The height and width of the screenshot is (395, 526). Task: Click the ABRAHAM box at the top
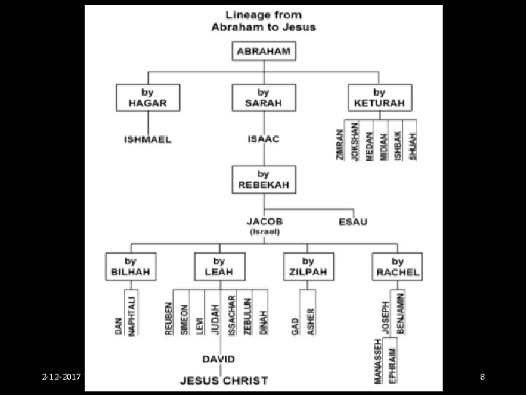(x=263, y=51)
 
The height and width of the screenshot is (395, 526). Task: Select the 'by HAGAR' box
(x=147, y=97)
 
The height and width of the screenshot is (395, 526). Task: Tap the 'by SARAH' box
(x=263, y=97)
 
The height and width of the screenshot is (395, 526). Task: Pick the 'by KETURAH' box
(x=379, y=97)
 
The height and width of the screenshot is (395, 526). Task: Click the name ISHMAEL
(x=147, y=140)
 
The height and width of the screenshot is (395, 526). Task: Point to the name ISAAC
(x=263, y=140)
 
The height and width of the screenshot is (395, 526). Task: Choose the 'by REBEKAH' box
(x=263, y=180)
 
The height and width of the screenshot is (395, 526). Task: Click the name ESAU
(x=353, y=221)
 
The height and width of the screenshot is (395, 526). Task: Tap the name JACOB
(x=264, y=221)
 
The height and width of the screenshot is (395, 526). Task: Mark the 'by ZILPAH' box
(x=308, y=266)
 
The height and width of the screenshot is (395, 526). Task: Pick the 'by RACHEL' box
(x=397, y=266)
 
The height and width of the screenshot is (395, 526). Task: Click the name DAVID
(x=218, y=359)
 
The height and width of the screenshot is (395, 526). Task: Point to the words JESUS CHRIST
(x=224, y=380)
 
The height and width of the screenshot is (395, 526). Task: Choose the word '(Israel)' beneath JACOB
(x=264, y=231)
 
